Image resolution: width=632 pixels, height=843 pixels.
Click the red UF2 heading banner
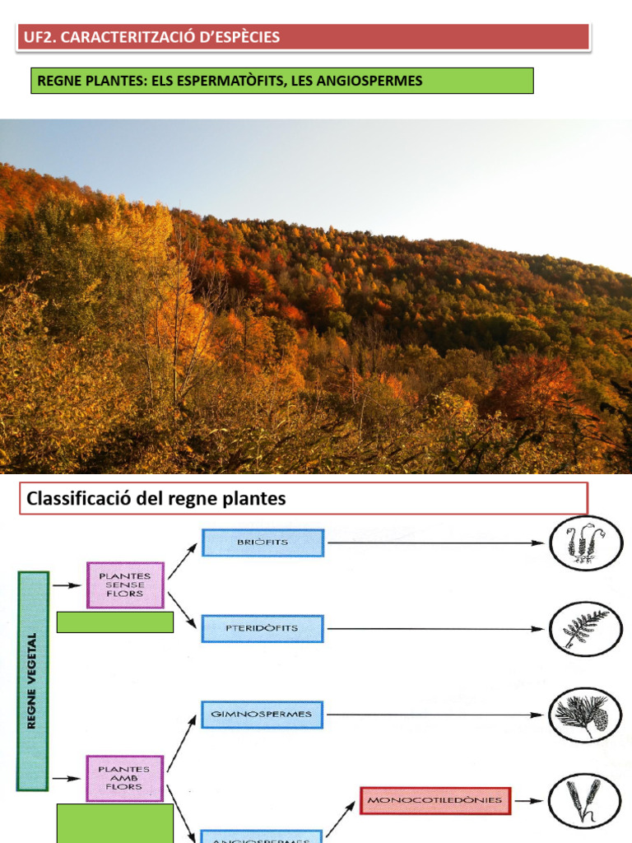303,37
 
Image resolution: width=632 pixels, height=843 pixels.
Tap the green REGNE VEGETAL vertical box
33,681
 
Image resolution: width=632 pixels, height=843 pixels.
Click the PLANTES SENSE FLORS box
125,585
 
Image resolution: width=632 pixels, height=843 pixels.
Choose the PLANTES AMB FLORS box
125,778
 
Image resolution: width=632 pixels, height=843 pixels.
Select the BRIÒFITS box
263,543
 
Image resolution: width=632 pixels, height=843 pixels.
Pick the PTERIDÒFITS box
263,628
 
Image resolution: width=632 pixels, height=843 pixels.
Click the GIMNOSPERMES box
263,714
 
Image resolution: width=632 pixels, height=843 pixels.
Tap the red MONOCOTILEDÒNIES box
434,799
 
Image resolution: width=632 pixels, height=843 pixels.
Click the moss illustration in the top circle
585,543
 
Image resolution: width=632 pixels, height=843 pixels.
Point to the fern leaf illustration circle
585,629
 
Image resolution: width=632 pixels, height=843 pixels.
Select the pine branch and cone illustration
585,715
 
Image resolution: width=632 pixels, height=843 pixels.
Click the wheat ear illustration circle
585,800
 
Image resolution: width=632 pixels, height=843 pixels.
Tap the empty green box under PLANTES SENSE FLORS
115,622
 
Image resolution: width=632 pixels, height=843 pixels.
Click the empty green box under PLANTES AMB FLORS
115,822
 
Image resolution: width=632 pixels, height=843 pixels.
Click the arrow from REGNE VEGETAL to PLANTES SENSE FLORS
63,585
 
